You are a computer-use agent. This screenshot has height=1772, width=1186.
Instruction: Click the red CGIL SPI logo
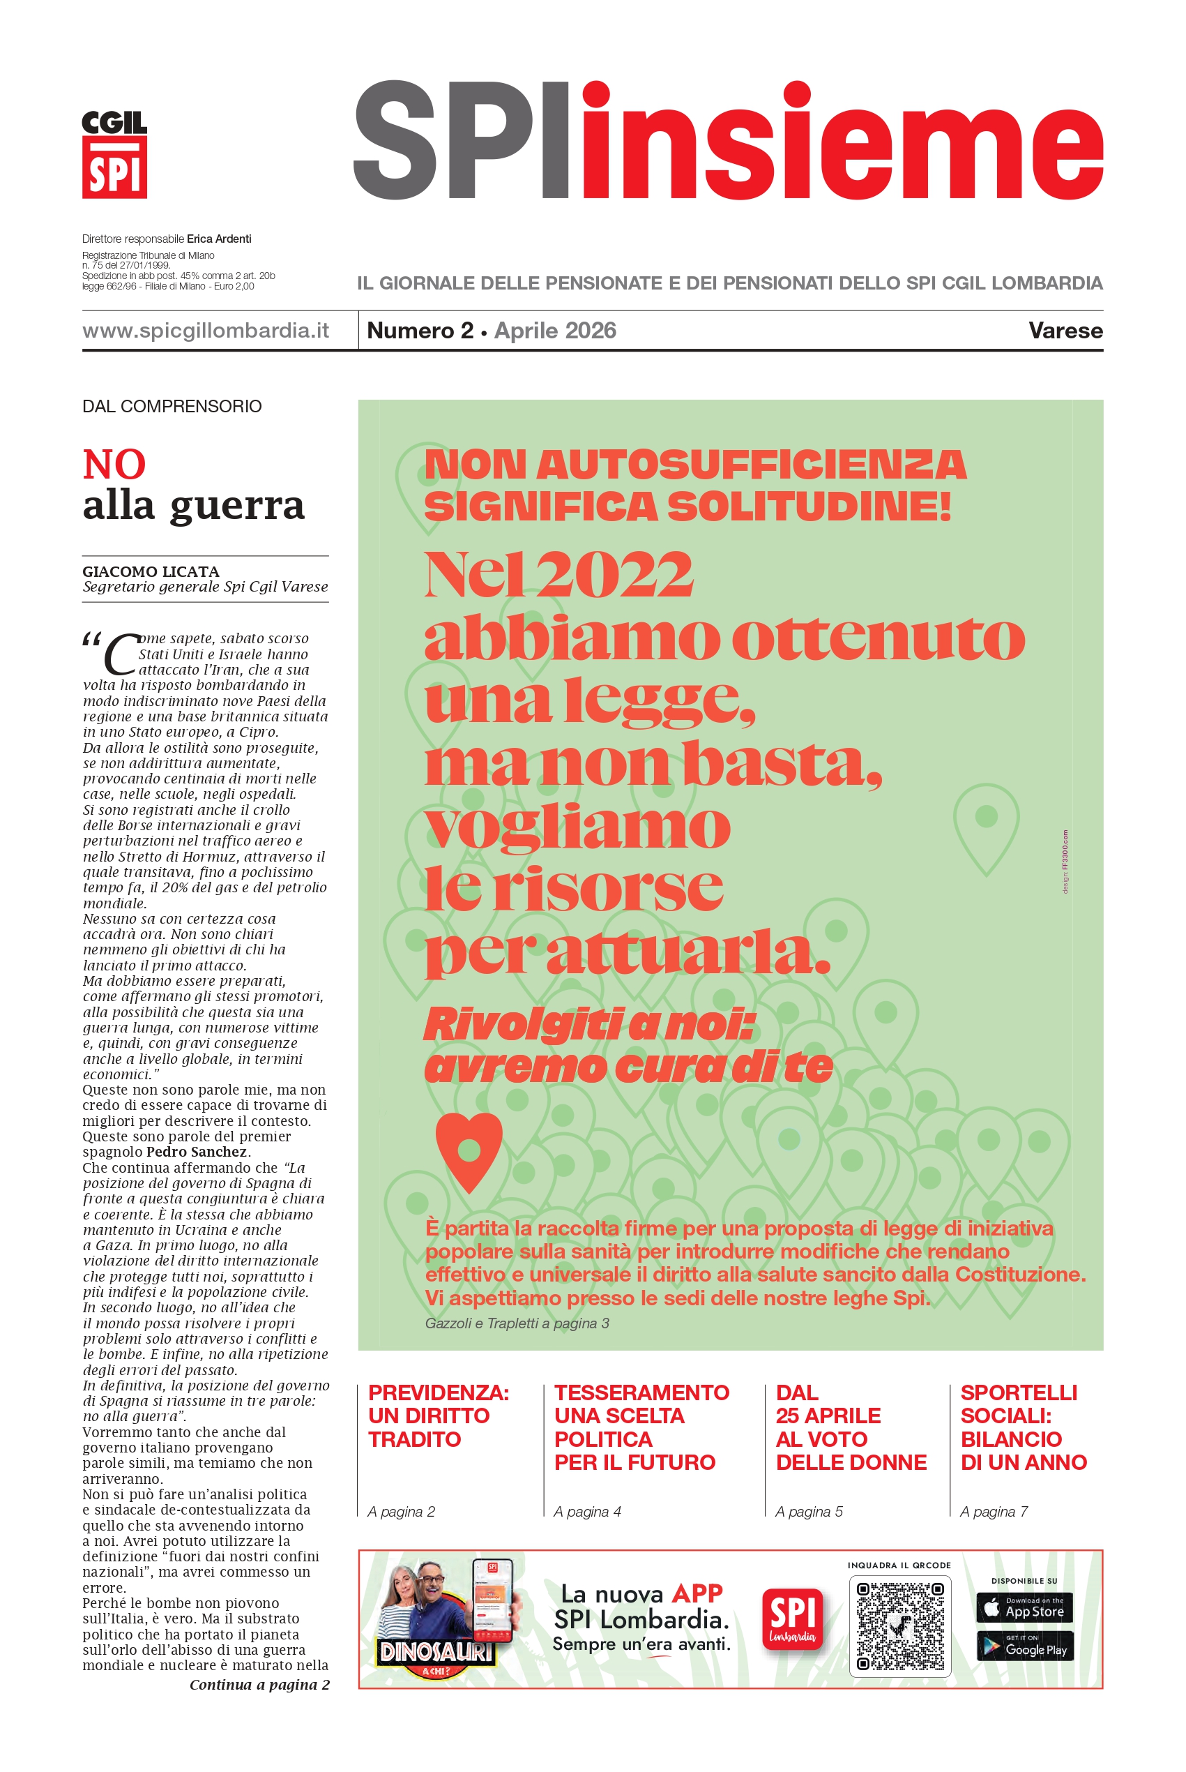(x=114, y=155)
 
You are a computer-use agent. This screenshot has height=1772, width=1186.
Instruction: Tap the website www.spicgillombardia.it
(x=206, y=331)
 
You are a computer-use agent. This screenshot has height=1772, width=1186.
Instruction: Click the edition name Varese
(x=1065, y=331)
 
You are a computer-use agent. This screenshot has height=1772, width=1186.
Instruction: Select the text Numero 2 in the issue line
(x=420, y=331)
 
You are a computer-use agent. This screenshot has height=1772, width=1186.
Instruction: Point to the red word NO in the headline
(x=114, y=464)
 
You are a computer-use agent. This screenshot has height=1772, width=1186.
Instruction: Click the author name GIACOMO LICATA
(x=151, y=571)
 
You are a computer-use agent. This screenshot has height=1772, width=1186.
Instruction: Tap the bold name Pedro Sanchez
(x=197, y=1152)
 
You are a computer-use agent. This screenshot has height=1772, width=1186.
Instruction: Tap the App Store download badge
(x=1025, y=1607)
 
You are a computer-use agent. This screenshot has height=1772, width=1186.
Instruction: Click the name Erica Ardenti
(x=220, y=239)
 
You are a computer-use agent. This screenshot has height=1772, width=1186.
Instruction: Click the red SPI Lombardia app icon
(x=793, y=1620)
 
